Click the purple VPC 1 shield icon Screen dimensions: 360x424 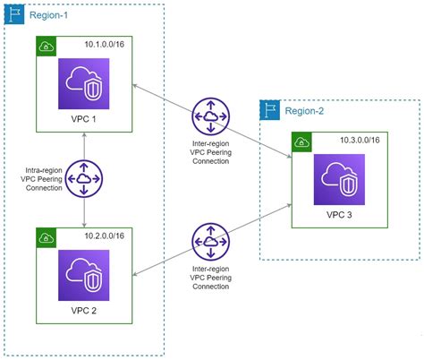coord(83,84)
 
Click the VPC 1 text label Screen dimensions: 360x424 coord(83,120)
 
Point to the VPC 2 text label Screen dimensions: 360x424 coord(83,310)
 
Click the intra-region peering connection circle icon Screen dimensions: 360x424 coord(83,178)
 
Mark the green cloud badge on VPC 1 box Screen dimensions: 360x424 coord(47,47)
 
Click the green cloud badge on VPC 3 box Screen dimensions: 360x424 coord(301,141)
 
